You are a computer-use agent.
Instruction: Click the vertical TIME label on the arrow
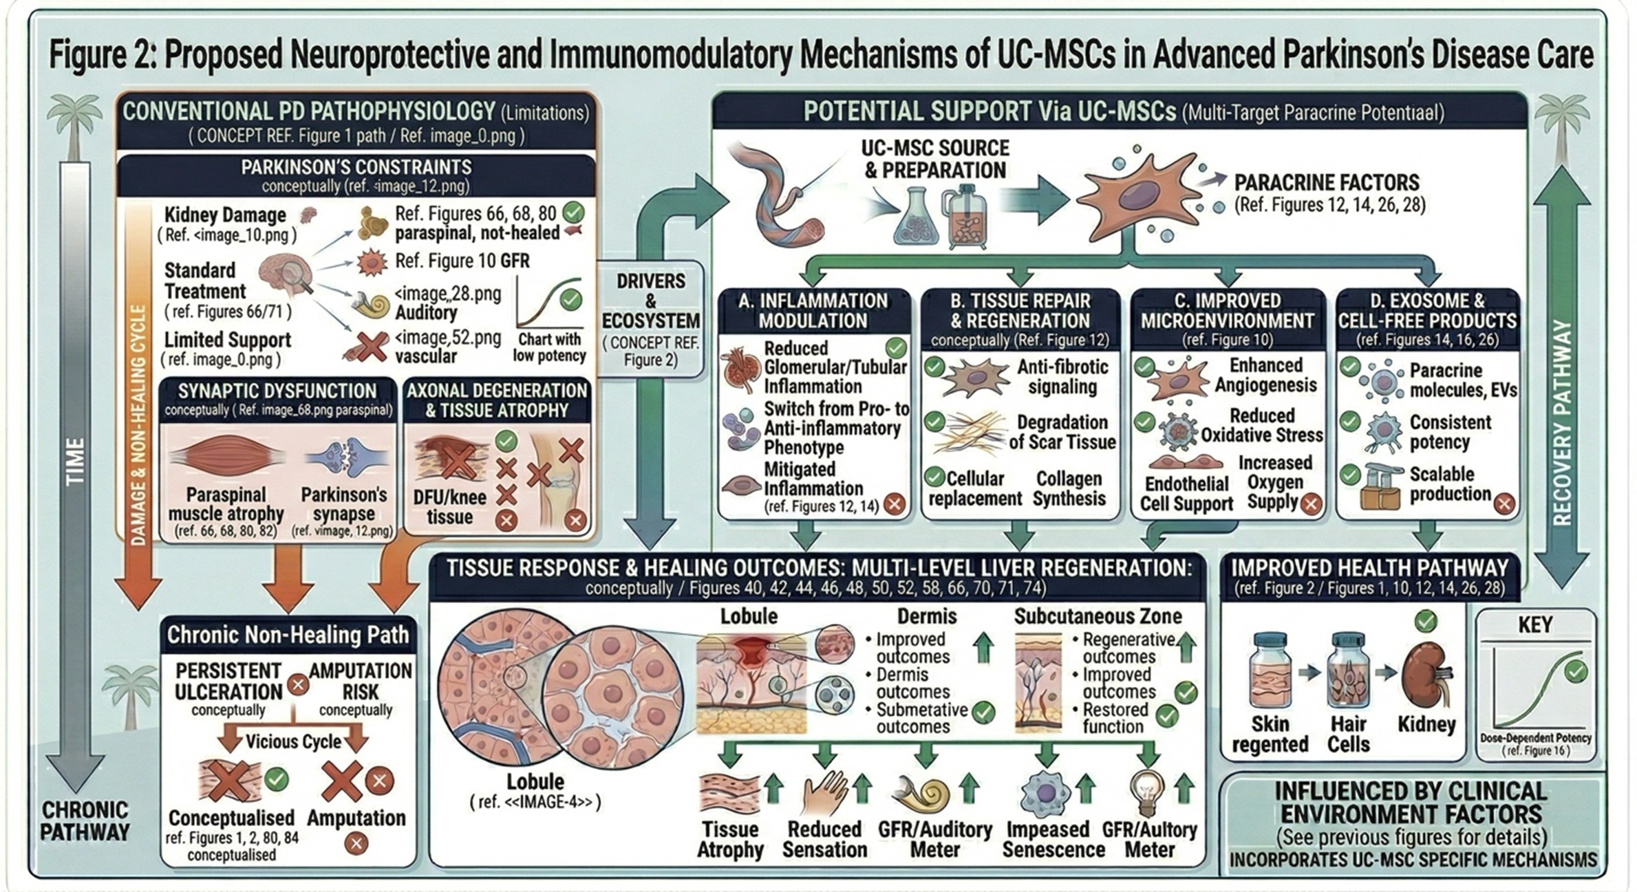tap(75, 461)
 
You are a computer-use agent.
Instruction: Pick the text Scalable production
tap(1449, 484)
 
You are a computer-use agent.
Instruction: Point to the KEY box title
tap(1534, 624)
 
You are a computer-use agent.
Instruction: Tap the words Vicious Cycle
tap(293, 741)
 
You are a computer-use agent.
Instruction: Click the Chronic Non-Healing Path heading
tap(288, 634)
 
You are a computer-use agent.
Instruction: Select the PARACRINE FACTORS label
tap(1326, 182)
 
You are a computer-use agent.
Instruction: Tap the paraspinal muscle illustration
tap(226, 457)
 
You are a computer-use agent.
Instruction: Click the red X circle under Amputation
tap(356, 843)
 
